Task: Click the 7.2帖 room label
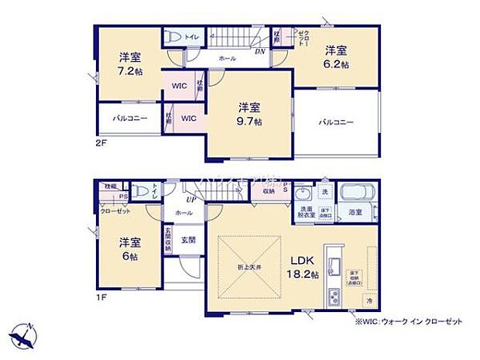(129, 63)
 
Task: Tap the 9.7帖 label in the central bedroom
(249, 114)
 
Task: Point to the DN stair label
(259, 53)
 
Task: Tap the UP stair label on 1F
(189, 199)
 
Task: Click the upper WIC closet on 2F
(179, 85)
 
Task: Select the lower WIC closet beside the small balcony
(188, 118)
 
